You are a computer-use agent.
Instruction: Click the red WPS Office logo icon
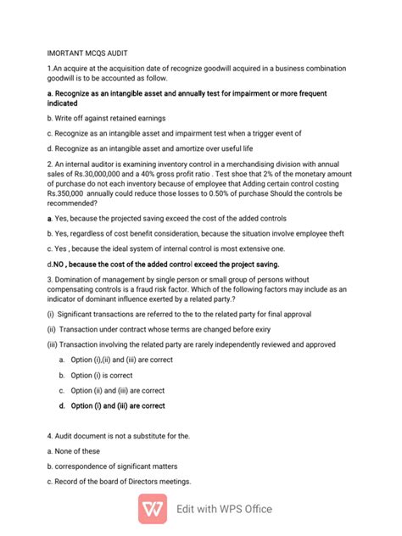pyautogui.click(x=155, y=508)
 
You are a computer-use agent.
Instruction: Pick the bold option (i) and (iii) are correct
pyautogui.click(x=118, y=405)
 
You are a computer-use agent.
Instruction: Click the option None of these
pyautogui.click(x=74, y=451)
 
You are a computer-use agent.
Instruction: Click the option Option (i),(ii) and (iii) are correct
pyautogui.click(x=122, y=360)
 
